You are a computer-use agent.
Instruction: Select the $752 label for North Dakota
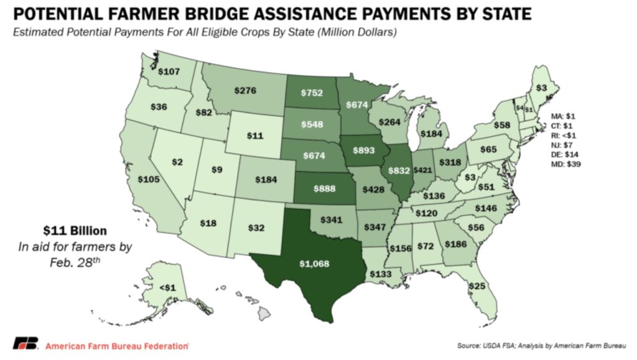[311, 92]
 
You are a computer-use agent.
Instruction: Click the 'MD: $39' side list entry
[566, 164]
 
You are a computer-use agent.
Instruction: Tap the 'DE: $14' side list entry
[565, 154]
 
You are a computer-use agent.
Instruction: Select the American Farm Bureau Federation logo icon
[25, 344]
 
